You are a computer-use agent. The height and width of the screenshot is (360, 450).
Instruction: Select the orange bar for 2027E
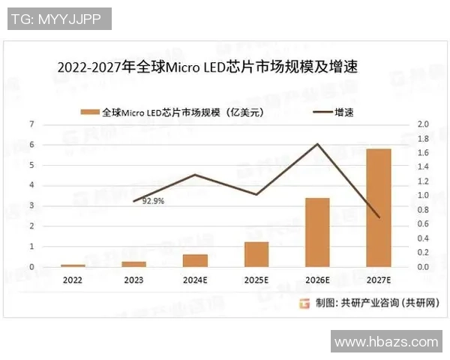coord(379,208)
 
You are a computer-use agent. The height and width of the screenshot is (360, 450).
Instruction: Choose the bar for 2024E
coord(195,260)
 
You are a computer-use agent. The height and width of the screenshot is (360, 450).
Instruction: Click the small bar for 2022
coord(73,265)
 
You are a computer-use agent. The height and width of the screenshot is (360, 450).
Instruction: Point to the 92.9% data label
coord(153,201)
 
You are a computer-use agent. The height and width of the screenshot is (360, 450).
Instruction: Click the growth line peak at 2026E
coord(318,144)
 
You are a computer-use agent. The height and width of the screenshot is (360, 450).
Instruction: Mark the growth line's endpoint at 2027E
coord(379,217)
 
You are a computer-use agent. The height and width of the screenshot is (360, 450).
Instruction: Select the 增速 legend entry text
coord(343,112)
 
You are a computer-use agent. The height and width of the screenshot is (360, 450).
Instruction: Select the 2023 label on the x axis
coord(134,280)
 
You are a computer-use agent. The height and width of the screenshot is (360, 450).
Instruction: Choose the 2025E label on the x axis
coord(256,280)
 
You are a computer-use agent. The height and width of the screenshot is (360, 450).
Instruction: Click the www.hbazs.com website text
coord(385,342)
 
